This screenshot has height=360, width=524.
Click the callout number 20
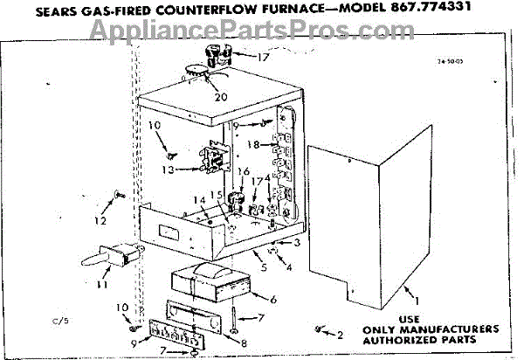coord(220,96)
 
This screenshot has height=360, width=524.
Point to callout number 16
coord(244,171)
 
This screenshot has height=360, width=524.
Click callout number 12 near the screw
coord(102,211)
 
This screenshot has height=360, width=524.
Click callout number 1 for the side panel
coord(417,301)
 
